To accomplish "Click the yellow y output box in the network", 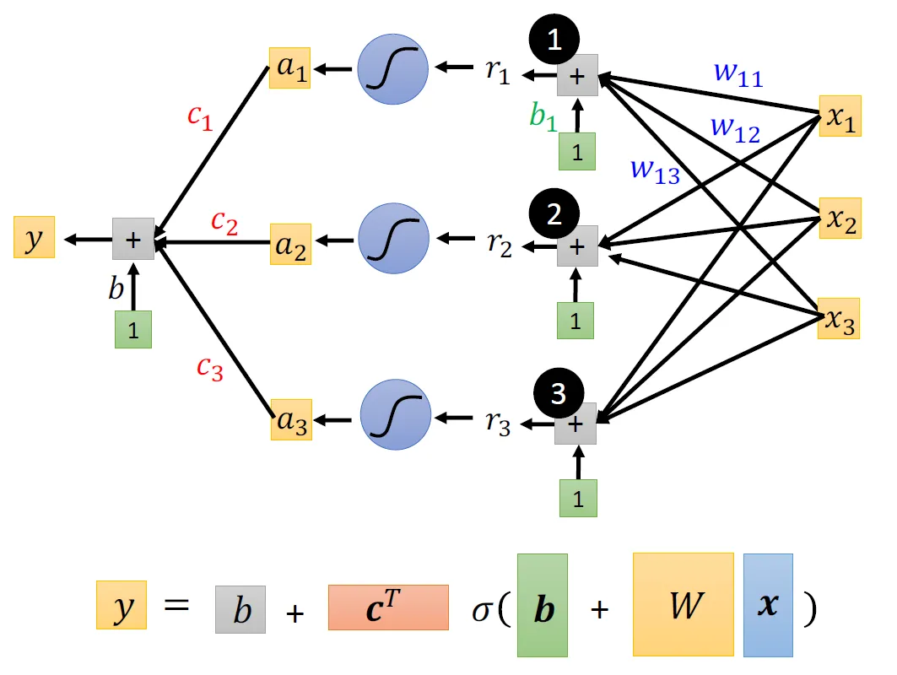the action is point(35,237).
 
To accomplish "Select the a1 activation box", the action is point(290,67).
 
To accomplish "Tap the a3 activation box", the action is point(291,419).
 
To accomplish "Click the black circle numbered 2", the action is point(554,214).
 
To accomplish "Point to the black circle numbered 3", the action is point(559,393).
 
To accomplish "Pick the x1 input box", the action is point(840,116).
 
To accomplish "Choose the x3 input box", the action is point(839,319).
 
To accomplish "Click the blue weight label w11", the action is point(738,75).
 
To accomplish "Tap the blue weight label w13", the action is point(655,171).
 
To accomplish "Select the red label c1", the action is point(200,117).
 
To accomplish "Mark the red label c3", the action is point(210,368).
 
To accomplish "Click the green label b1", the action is point(543,116).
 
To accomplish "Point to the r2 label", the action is point(500,244).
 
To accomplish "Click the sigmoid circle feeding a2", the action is point(393,239).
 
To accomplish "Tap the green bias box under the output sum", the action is point(133,330).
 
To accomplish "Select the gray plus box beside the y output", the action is point(133,239).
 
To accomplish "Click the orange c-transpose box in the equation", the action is point(388,607).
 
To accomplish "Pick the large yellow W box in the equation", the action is point(684,605).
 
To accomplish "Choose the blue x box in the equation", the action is point(768,605).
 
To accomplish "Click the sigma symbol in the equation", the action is point(481,612).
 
